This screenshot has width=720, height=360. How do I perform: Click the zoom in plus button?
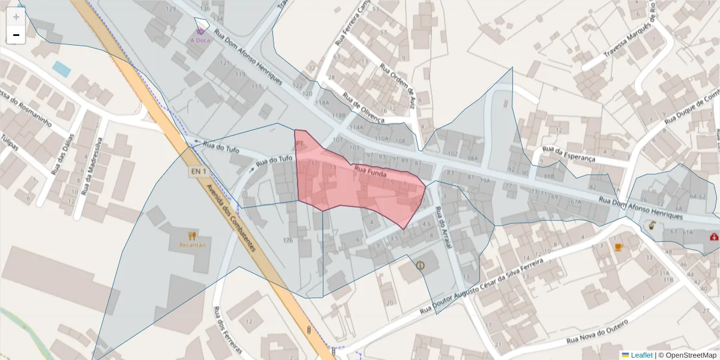(16, 17)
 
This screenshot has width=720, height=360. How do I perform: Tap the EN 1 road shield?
(199, 172)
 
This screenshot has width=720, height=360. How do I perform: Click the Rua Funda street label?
(370, 172)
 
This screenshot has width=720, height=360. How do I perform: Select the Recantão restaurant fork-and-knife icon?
(192, 236)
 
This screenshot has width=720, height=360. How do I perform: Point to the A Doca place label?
(200, 40)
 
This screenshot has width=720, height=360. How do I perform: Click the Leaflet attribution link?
(641, 355)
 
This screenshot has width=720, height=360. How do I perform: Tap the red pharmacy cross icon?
(714, 237)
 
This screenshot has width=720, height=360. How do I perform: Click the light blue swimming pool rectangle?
(61, 69)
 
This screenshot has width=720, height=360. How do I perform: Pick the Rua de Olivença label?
(363, 107)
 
